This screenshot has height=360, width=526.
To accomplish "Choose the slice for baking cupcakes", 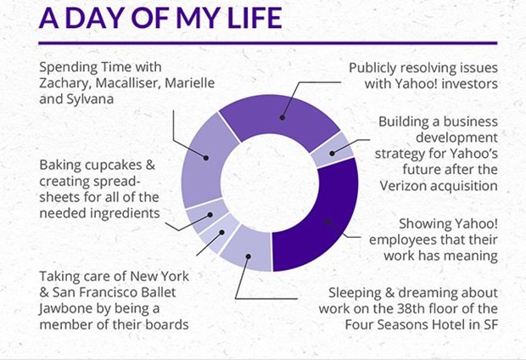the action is (207, 216).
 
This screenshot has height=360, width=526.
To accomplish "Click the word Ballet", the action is (158, 292).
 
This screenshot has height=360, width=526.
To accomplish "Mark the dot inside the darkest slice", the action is (327, 222).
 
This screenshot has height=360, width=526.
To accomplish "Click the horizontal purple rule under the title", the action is (268, 43).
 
